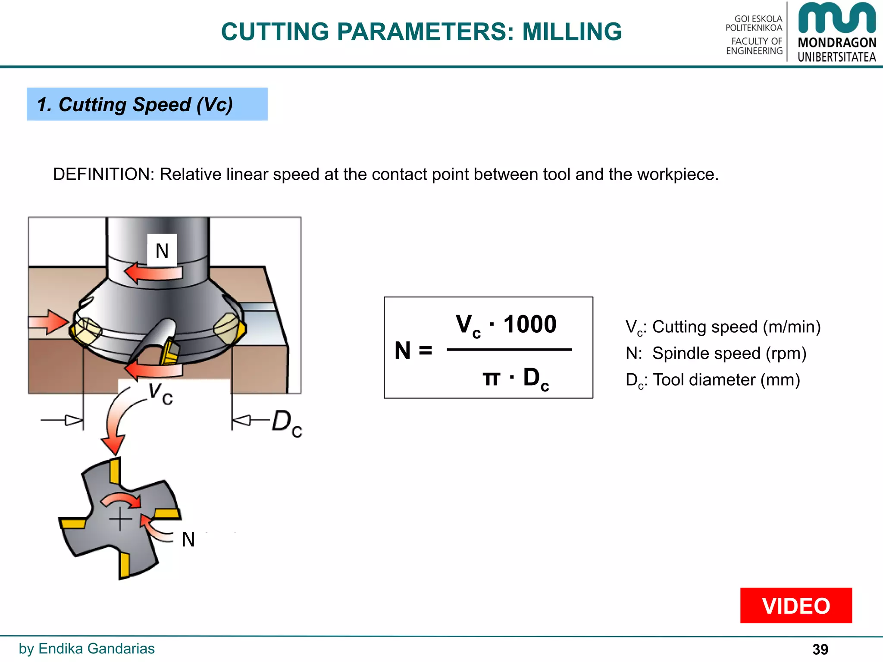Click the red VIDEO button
(795, 606)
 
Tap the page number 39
(820, 649)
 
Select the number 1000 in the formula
(530, 324)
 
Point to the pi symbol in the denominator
(491, 378)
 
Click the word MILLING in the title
(572, 32)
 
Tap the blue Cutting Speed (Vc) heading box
(147, 104)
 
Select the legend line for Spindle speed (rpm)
(716, 353)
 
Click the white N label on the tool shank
(162, 250)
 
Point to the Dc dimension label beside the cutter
(287, 423)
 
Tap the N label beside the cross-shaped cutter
(188, 540)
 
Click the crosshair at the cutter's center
(120, 519)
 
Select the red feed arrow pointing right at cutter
(48, 322)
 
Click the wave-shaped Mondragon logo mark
(836, 18)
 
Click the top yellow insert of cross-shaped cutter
(115, 471)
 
